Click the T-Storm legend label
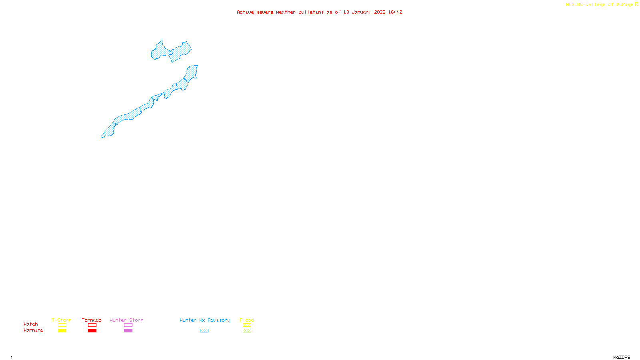[x=62, y=320]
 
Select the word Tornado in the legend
[x=92, y=320]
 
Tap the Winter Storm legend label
[x=126, y=320]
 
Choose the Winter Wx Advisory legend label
[x=205, y=320]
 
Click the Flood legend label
[x=247, y=320]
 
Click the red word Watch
[x=31, y=324]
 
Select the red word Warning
[x=34, y=330]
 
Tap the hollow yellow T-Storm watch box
[x=62, y=325]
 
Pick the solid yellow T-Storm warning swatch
[x=62, y=331]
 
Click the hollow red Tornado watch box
[x=92, y=325]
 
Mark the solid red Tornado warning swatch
[x=92, y=331]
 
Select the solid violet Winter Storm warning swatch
[x=128, y=331]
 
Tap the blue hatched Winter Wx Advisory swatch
[x=204, y=331]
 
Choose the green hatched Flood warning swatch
[x=247, y=331]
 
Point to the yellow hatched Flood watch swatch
[x=247, y=325]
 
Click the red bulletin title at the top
[x=319, y=12]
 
